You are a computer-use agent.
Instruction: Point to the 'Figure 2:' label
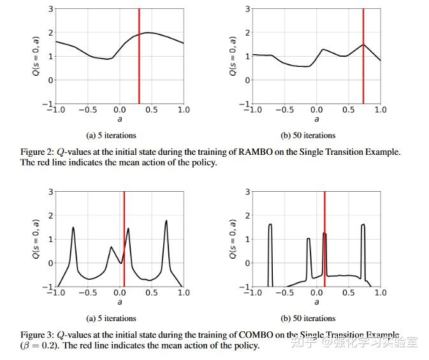click(x=36, y=152)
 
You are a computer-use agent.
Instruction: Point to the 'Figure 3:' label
click(x=36, y=335)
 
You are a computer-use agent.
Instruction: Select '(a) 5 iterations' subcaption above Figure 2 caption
click(x=111, y=135)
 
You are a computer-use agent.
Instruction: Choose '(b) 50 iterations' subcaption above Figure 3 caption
click(x=308, y=318)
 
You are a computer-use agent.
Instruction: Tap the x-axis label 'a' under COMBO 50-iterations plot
click(x=317, y=302)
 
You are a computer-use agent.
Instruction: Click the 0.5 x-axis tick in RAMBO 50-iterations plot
click(x=348, y=110)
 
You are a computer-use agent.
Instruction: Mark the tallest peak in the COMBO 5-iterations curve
click(x=166, y=221)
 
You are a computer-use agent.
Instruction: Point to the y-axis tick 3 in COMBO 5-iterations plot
click(x=50, y=192)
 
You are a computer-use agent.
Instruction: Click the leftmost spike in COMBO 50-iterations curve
click(x=270, y=225)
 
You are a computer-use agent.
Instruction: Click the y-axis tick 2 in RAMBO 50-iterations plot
click(x=247, y=32)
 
